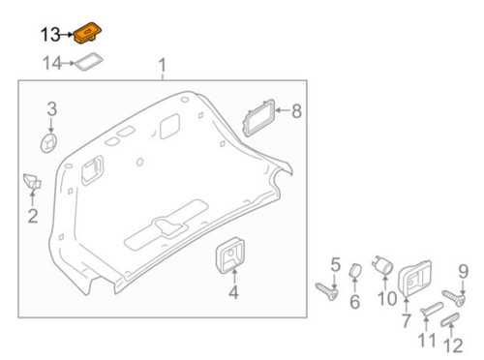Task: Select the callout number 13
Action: [51, 35]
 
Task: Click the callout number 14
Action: [51, 64]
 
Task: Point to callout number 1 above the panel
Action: [163, 66]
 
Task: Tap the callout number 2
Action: [32, 216]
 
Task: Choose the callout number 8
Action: [296, 111]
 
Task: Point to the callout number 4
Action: [232, 293]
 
